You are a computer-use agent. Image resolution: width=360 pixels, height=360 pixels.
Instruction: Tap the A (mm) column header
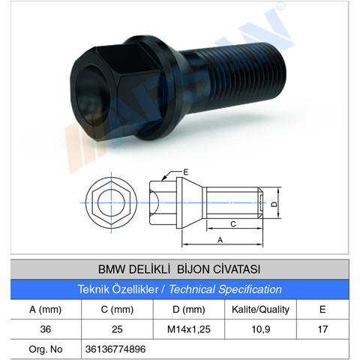click(x=45, y=309)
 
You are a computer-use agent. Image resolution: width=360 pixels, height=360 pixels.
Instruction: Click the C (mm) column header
click(x=117, y=309)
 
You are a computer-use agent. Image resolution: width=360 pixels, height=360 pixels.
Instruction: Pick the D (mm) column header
click(x=188, y=309)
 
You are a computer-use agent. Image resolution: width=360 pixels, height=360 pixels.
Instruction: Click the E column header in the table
click(x=322, y=309)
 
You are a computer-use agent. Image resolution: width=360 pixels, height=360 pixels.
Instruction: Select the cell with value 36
click(x=45, y=329)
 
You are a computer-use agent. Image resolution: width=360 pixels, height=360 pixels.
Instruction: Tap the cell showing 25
click(x=117, y=329)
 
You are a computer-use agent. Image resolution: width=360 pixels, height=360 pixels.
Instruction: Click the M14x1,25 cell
click(x=188, y=329)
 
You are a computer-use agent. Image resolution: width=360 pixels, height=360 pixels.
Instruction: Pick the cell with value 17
click(x=322, y=329)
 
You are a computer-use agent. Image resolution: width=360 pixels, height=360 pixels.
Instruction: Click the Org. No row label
click(x=45, y=349)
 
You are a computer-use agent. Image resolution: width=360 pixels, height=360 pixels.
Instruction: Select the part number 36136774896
click(x=117, y=349)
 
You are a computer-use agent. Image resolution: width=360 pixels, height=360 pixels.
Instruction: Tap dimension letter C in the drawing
click(x=233, y=223)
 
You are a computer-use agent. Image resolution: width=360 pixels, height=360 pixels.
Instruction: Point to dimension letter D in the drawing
click(x=274, y=202)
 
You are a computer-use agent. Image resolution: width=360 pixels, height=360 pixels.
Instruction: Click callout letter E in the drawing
click(x=185, y=172)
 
